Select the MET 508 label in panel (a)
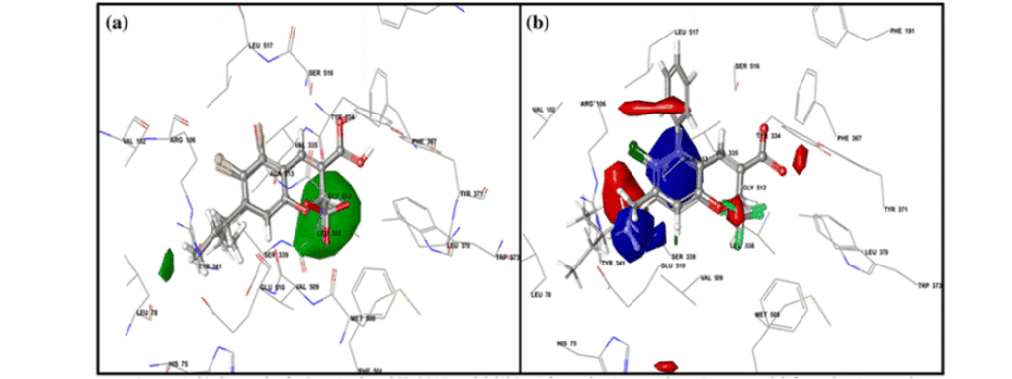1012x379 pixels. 363,319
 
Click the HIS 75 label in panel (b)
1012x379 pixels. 566,342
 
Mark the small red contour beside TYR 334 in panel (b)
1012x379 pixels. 801,155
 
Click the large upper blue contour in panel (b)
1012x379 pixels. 676,158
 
